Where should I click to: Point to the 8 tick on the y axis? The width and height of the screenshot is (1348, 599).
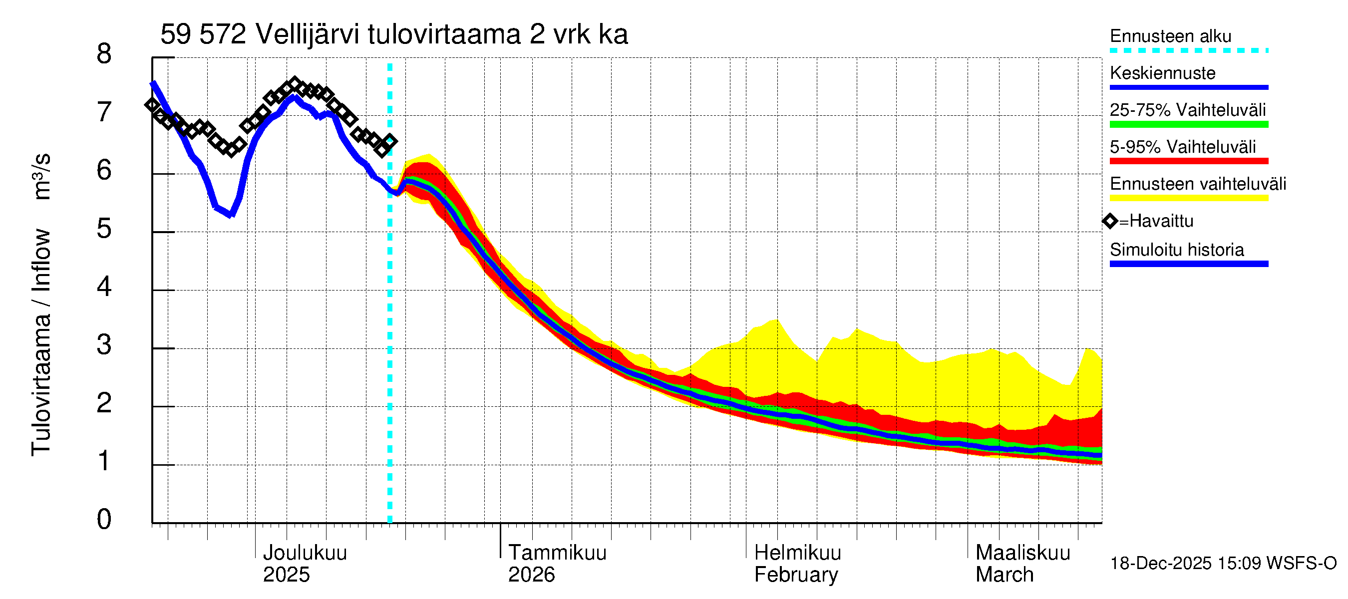click(104, 54)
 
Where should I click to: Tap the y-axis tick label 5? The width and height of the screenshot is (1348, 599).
click(104, 229)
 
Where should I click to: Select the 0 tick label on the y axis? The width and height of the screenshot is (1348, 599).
click(104, 520)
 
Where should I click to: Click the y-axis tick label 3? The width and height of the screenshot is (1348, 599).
click(104, 345)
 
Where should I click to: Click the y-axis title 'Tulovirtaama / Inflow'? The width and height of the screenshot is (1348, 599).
click(41, 342)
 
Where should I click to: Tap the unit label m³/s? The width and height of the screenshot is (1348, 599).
click(42, 176)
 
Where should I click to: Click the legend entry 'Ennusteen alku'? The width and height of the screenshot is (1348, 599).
click(1170, 36)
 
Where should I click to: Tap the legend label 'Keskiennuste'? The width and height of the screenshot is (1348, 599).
click(1162, 73)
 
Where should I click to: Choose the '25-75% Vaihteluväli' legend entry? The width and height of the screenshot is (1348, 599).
click(1187, 110)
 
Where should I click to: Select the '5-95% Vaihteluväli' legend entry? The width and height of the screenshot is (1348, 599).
click(1182, 147)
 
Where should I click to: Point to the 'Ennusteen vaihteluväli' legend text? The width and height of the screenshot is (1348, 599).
click(1198, 184)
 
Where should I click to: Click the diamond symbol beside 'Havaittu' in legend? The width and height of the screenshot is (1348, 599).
click(1110, 221)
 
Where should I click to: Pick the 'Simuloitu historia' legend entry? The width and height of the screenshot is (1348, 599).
click(1176, 250)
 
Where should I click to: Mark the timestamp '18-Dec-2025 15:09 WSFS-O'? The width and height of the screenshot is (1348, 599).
click(1223, 564)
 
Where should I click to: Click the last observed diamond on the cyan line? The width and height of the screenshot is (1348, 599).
click(390, 141)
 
